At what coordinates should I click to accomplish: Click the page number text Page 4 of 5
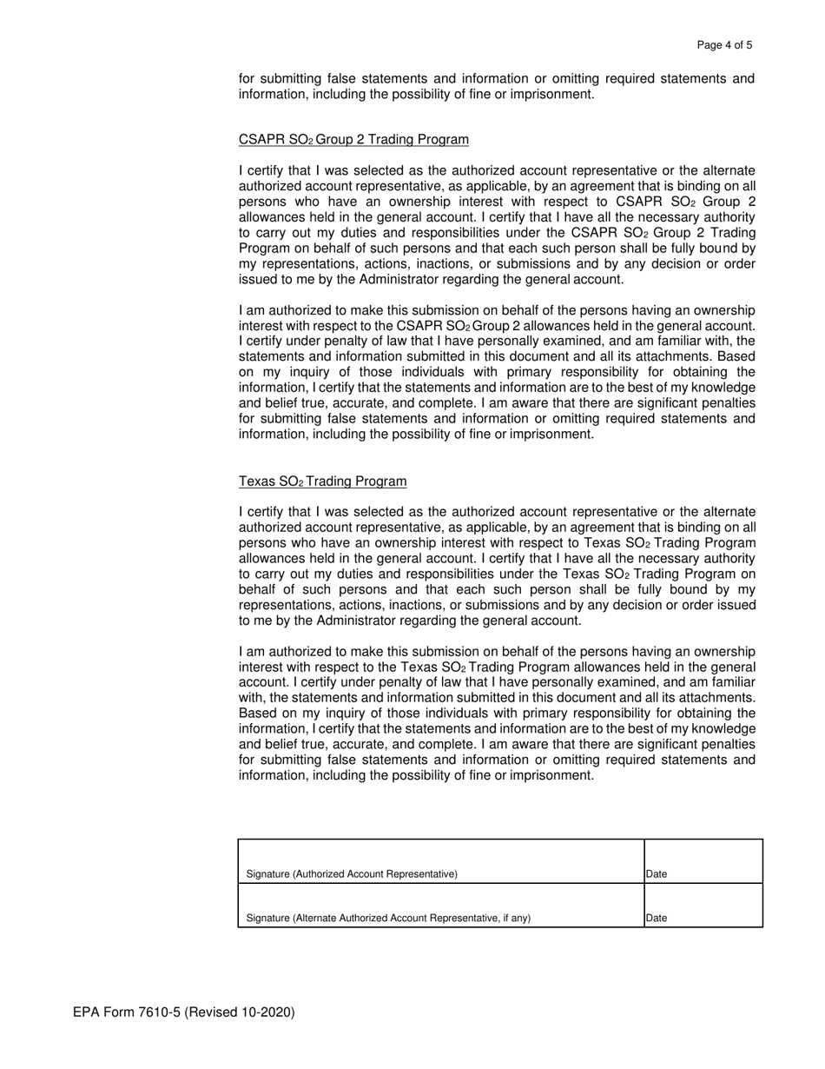pyautogui.click(x=724, y=45)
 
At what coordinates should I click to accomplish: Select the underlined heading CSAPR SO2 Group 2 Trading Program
pyautogui.click(x=353, y=140)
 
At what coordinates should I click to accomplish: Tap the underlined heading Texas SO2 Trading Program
pyautogui.click(x=322, y=481)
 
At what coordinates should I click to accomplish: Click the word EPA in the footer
pyautogui.click(x=87, y=1013)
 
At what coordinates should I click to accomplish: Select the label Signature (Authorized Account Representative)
pyautogui.click(x=352, y=874)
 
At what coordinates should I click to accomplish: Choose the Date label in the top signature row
pyautogui.click(x=657, y=874)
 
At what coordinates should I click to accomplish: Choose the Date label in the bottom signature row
pyautogui.click(x=657, y=918)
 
